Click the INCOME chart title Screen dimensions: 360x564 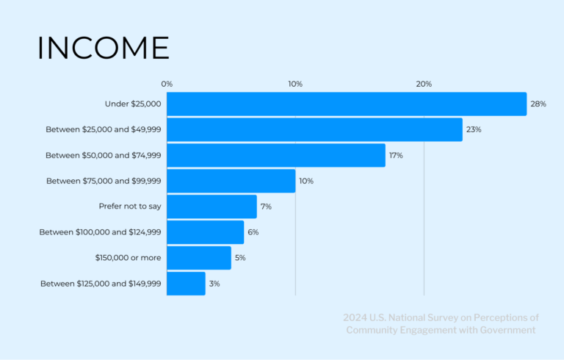[103, 48]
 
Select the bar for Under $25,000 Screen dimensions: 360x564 [347, 104]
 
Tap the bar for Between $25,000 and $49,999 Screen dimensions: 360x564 [314, 129]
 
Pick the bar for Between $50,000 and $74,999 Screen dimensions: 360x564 [275, 155]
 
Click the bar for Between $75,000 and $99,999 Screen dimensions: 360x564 [231, 181]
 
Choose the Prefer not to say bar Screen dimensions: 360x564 [211, 206]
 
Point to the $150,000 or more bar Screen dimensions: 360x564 [198, 258]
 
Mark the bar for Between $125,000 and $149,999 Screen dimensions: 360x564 [186, 284]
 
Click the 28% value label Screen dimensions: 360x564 [538, 104]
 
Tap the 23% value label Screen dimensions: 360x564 [474, 129]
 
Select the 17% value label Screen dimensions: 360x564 [396, 155]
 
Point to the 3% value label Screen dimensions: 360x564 [214, 284]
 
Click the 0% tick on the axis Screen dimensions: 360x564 [167, 84]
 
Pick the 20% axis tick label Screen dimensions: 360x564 [424, 84]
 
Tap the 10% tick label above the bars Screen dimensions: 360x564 [295, 84]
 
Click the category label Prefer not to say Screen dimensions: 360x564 [130, 206]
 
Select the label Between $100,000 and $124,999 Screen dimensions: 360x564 [100, 232]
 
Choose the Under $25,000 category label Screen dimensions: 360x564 [133, 104]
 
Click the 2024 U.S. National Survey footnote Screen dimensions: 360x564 [441, 324]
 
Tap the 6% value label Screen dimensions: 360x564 [253, 232]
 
